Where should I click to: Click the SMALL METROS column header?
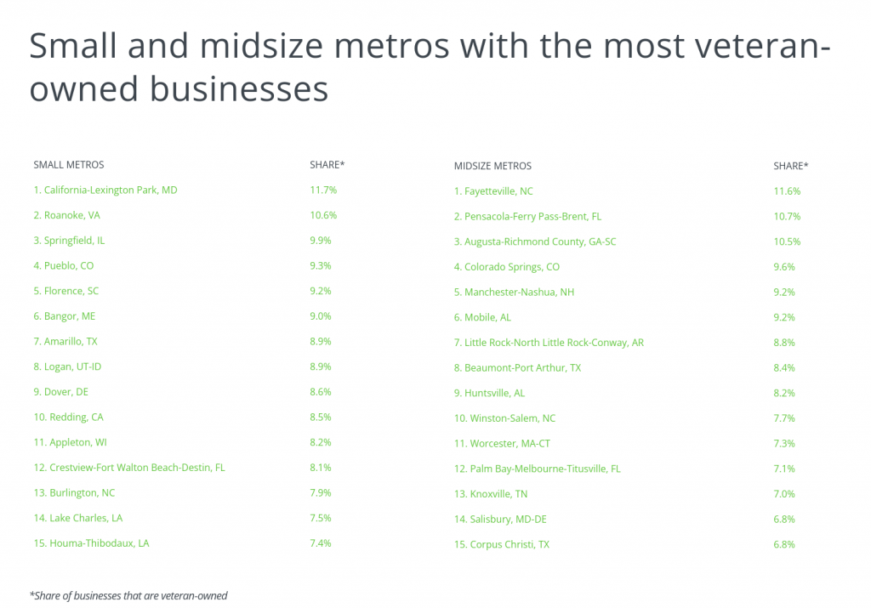(69, 164)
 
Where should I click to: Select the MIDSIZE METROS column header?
(492, 166)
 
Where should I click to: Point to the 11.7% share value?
(323, 190)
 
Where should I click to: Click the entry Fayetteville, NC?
(493, 191)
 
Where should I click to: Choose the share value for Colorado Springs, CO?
(785, 267)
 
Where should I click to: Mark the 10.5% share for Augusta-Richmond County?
(787, 241)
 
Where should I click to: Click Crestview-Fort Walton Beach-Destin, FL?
(128, 468)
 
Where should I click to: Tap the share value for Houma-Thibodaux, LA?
(322, 543)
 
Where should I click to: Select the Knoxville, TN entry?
(490, 494)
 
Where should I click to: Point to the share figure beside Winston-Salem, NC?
(785, 418)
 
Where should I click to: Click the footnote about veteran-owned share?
(128, 596)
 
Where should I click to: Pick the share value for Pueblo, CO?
(322, 266)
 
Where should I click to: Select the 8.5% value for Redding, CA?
(322, 418)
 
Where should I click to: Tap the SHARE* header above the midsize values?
(790, 166)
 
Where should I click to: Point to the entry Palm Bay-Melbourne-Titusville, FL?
(537, 469)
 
